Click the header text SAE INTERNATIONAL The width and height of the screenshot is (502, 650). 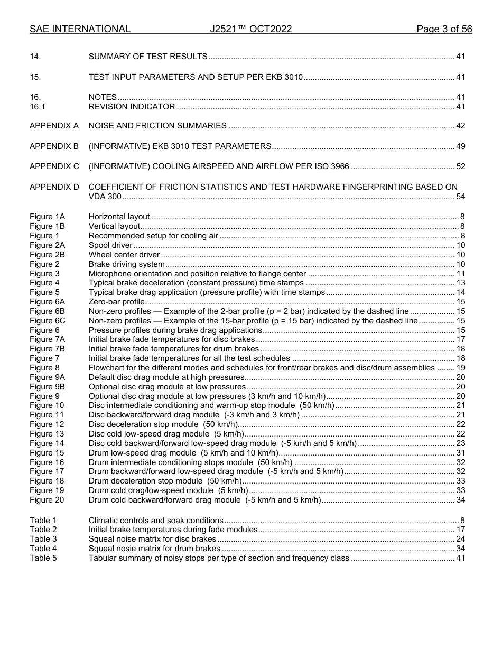[x=80, y=30]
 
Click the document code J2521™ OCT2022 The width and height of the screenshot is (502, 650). [x=250, y=30]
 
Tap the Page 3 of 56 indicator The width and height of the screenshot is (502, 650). [x=444, y=30]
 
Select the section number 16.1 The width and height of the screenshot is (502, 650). [x=36, y=107]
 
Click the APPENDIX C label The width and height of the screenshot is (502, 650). [x=54, y=167]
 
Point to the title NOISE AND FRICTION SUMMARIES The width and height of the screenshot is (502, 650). [x=157, y=126]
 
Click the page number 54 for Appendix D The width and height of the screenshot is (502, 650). [x=460, y=197]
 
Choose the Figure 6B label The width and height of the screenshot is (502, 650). [x=47, y=312]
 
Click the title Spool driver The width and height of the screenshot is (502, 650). [x=110, y=246]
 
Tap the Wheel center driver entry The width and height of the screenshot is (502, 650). [x=124, y=255]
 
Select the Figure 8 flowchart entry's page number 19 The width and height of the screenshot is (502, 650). [x=460, y=368]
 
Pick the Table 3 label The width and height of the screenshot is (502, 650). [x=43, y=540]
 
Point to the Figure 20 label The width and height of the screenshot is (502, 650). [x=47, y=500]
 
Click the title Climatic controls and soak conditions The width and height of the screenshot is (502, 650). [x=156, y=521]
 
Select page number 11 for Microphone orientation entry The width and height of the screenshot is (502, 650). [x=460, y=274]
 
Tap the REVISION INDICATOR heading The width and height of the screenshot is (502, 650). [x=132, y=107]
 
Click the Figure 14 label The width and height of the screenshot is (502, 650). [x=47, y=444]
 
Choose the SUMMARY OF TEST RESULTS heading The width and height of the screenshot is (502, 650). [x=148, y=57]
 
